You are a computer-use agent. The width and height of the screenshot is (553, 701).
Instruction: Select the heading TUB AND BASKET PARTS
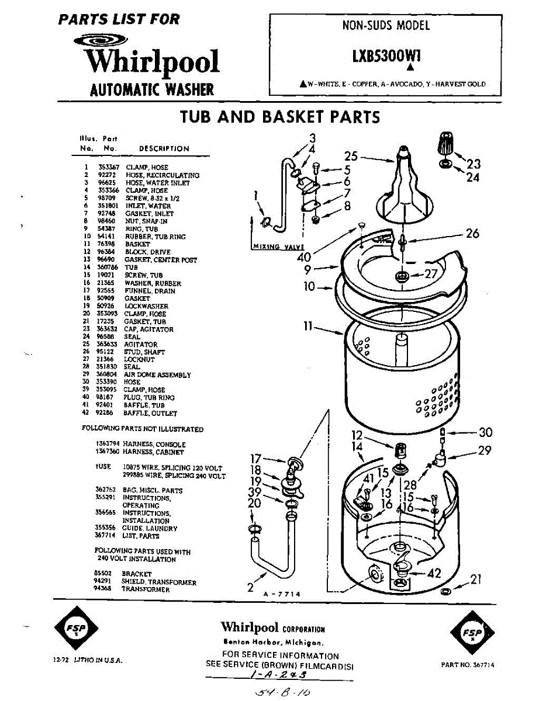[280, 117]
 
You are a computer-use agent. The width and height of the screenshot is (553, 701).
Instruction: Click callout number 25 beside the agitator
[351, 156]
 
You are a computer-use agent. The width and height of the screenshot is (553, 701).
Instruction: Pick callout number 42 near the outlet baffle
[434, 574]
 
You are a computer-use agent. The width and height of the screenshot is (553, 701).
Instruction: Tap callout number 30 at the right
[485, 433]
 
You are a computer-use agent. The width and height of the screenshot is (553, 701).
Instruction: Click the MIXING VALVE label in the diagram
[274, 247]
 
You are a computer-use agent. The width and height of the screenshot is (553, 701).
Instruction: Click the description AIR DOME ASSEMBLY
[157, 375]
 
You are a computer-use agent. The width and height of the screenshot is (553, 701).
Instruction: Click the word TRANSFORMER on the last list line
[146, 590]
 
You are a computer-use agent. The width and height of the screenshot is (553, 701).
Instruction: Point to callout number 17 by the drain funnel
[255, 459]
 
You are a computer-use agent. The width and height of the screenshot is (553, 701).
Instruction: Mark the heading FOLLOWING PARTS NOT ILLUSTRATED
[143, 429]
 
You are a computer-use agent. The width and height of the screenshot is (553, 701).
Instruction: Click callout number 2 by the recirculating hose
[250, 587]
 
